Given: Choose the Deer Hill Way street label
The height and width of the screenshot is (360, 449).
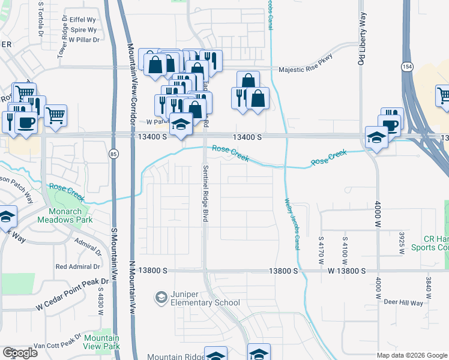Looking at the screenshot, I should (403, 302).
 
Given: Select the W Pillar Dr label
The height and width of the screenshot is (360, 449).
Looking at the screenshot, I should (83, 40).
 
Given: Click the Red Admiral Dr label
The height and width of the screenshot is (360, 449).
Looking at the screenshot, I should (77, 266).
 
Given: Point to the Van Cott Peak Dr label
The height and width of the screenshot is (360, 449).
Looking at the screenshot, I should (57, 346).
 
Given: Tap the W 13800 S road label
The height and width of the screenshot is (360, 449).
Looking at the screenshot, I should (346, 271).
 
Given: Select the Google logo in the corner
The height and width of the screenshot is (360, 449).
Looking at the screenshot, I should (20, 352).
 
